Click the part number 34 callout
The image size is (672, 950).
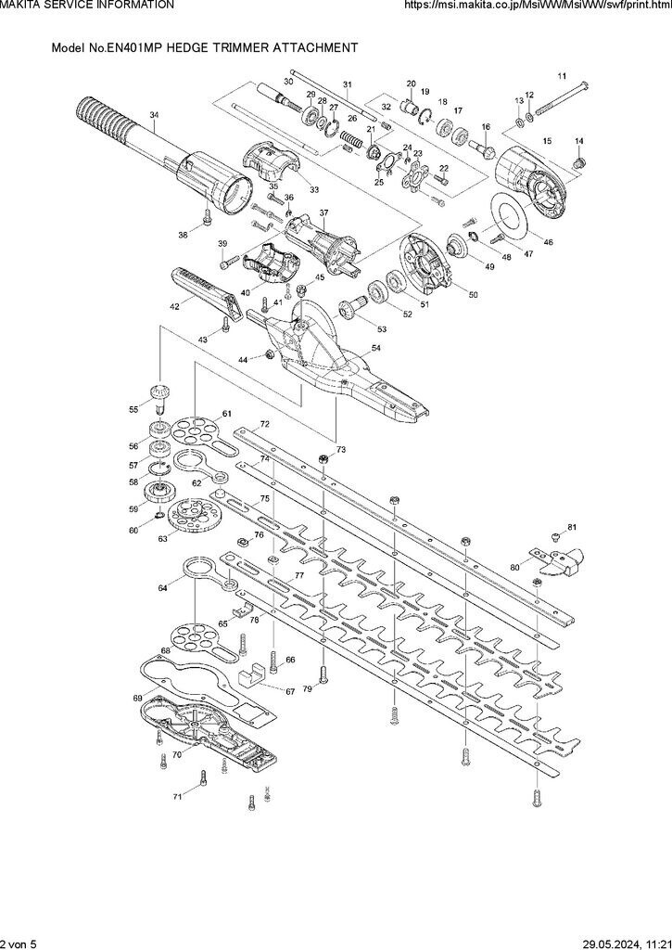pyautogui.click(x=154, y=115)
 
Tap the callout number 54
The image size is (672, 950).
pyautogui.click(x=376, y=349)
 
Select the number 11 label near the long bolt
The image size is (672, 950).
pyautogui.click(x=561, y=75)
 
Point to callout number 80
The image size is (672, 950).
pyautogui.click(x=514, y=566)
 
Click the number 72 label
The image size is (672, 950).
pyautogui.click(x=264, y=423)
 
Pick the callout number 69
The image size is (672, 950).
pyautogui.click(x=138, y=698)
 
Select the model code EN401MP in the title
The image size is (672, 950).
pyautogui.click(x=109, y=45)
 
